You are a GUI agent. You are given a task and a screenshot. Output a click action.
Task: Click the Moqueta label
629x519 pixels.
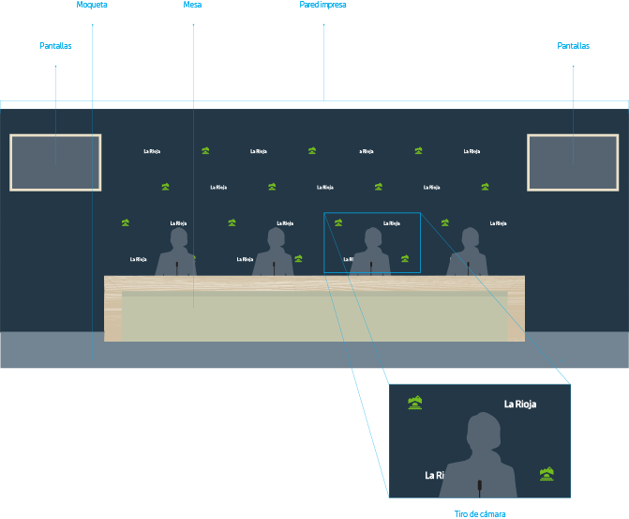click(x=91, y=5)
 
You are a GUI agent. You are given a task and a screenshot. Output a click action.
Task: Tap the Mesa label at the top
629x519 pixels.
click(x=192, y=5)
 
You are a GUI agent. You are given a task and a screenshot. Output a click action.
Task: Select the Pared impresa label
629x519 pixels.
click(x=322, y=5)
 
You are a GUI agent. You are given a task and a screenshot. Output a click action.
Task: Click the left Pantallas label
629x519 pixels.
click(x=55, y=45)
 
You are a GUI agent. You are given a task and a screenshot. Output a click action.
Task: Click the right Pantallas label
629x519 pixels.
click(x=573, y=45)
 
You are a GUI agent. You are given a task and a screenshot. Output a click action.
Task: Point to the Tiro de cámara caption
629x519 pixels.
click(x=479, y=513)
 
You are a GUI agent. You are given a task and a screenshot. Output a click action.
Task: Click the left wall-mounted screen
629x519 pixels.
click(x=55, y=162)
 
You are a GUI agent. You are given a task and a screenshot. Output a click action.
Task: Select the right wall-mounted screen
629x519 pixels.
click(x=572, y=162)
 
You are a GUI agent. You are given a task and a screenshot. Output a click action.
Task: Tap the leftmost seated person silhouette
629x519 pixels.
click(x=176, y=253)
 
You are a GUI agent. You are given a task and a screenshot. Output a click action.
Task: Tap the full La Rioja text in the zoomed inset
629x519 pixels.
click(x=523, y=405)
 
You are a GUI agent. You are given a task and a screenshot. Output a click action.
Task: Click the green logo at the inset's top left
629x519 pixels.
click(x=416, y=403)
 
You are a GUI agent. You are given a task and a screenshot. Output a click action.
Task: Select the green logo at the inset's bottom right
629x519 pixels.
click(x=548, y=474)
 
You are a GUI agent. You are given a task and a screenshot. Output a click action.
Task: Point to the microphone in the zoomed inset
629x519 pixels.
click(x=479, y=487)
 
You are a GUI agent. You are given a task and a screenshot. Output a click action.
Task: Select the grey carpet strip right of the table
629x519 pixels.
click(x=577, y=349)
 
